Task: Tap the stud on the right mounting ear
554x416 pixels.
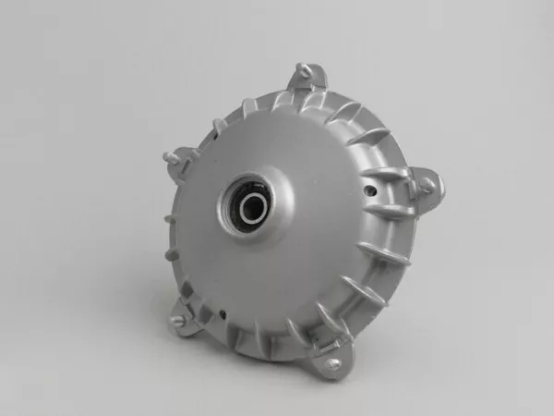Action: point(428,188)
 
